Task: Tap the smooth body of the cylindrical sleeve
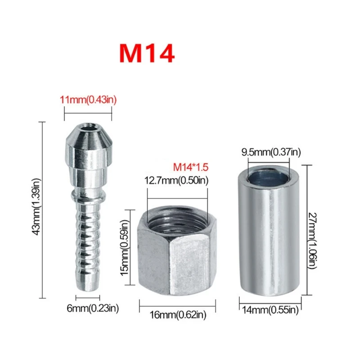[x=269, y=243]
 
